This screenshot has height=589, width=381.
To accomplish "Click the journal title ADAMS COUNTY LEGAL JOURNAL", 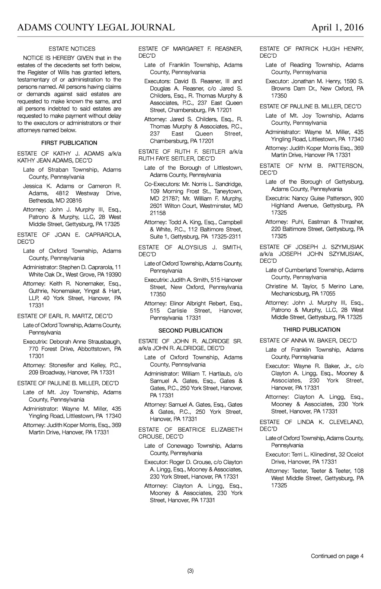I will pyautogui.click(x=96, y=27).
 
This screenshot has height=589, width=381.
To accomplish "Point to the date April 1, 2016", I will pyautogui.click(x=337, y=27).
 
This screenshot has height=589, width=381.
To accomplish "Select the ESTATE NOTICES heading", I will pyautogui.click(x=72, y=49).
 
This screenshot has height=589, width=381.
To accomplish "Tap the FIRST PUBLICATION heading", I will pyautogui.click(x=69, y=143).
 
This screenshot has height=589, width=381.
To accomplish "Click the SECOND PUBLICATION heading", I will pyautogui.click(x=190, y=330).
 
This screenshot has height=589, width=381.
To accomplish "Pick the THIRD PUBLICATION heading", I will pyautogui.click(x=311, y=330).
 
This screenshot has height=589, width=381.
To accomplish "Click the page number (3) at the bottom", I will pyautogui.click(x=190, y=571).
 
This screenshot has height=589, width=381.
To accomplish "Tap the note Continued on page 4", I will pyautogui.click(x=337, y=556).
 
